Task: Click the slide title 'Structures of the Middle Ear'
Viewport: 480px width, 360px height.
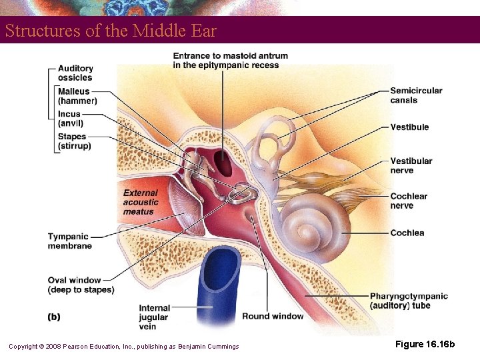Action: click(111, 31)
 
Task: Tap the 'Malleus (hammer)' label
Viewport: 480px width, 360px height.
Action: click(77, 96)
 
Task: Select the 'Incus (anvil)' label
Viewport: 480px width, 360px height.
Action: click(70, 119)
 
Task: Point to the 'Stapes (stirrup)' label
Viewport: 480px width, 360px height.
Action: click(74, 141)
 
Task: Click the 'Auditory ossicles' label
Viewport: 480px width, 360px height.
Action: click(75, 73)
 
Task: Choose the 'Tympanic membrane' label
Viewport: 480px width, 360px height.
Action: click(69, 241)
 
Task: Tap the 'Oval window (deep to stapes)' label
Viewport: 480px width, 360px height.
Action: click(81, 285)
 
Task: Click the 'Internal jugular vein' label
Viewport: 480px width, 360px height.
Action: click(154, 317)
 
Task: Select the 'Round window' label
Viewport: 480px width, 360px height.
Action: click(273, 316)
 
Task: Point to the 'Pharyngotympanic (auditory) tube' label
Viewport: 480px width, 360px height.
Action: click(409, 301)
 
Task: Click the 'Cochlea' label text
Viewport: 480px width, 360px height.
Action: click(407, 233)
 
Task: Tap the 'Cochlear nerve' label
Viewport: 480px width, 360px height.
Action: click(409, 201)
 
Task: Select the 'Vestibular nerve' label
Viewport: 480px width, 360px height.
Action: click(411, 165)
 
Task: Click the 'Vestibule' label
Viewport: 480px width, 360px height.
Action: click(409, 127)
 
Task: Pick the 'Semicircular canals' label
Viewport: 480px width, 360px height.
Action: click(416, 95)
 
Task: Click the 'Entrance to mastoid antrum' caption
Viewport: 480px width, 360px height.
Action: click(231, 60)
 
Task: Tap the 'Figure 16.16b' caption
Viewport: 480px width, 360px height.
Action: click(425, 344)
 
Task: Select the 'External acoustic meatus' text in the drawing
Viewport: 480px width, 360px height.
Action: click(141, 202)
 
